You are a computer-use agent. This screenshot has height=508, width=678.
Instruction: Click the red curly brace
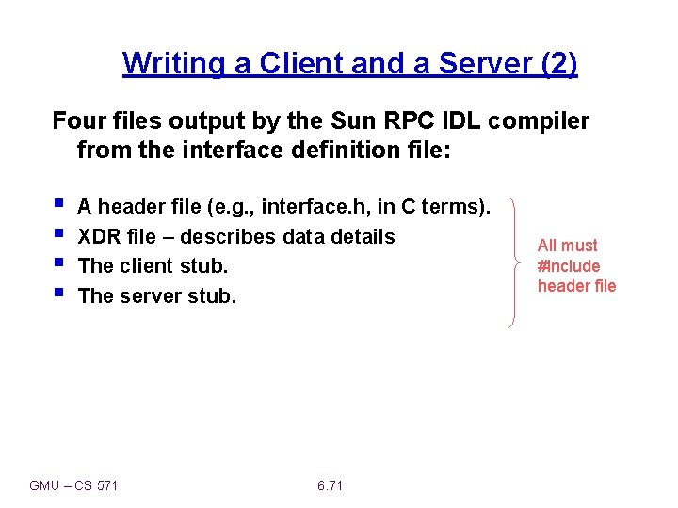click(513, 262)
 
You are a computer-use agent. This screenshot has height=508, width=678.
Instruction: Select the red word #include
click(569, 265)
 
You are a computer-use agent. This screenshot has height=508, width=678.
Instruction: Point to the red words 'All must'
click(567, 246)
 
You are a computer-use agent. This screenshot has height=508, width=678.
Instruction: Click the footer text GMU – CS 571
click(73, 485)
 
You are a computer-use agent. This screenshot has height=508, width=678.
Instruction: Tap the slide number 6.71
click(331, 485)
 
